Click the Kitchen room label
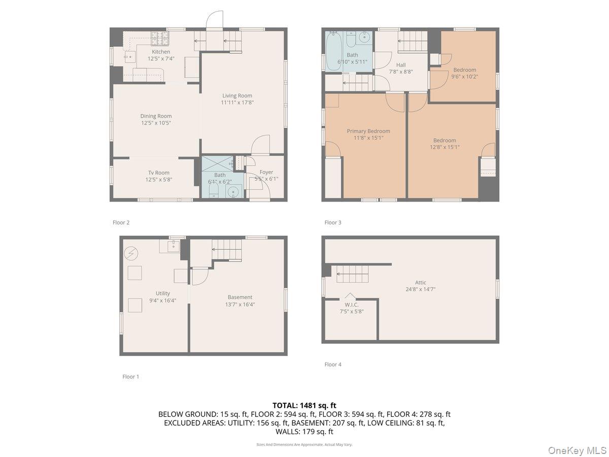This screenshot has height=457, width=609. tap(161, 52)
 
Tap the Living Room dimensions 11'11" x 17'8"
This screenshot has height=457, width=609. tap(237, 103)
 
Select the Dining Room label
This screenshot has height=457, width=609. tap(156, 116)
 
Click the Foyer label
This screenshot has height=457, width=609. tap(266, 172)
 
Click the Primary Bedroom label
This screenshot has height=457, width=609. tap(368, 131)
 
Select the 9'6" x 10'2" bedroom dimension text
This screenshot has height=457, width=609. tap(464, 77)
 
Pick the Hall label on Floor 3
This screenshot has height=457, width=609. tap(400, 65)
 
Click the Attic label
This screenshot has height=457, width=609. tap(420, 282)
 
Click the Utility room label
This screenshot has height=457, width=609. tap(163, 293)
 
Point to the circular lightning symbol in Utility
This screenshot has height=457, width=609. tap(131, 252)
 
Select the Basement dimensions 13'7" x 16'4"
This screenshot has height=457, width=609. tap(240, 304)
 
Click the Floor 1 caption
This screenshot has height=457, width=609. tap(130, 377)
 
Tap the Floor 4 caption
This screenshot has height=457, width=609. tap(333, 364)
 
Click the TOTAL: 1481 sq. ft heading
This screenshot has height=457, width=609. tap(304, 405)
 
